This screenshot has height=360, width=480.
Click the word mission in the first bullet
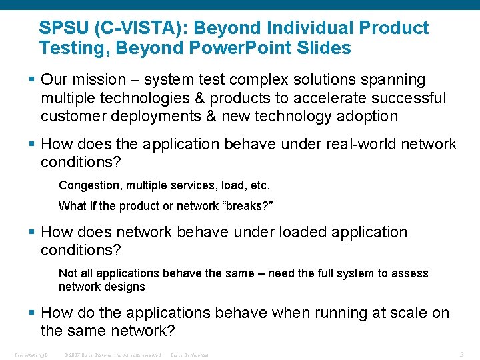[x=99, y=80]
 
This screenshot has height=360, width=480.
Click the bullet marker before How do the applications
[x=33, y=313]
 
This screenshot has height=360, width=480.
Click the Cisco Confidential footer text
[x=190, y=355]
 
